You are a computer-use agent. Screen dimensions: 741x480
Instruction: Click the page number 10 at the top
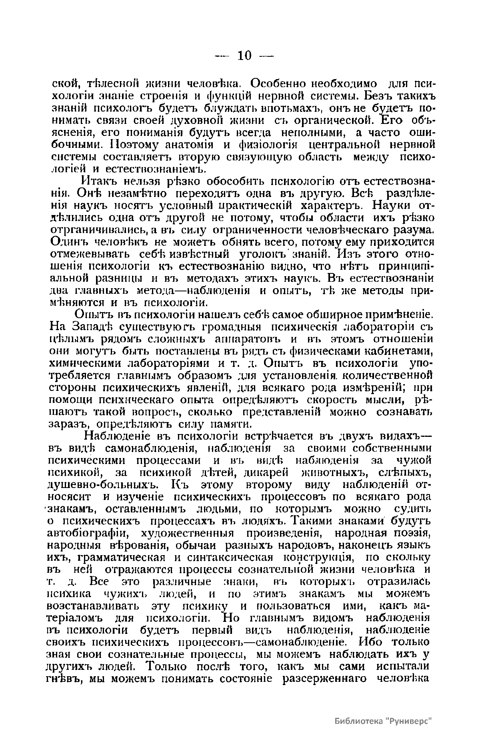[244, 56]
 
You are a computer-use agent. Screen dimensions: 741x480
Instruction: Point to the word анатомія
[192, 144]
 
